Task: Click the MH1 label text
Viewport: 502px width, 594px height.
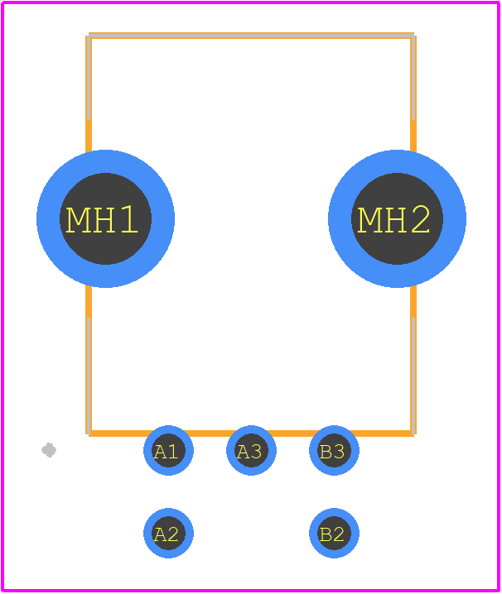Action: coord(102,219)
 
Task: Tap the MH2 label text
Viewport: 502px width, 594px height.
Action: coord(393,219)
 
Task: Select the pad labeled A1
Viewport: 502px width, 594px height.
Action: coord(168,450)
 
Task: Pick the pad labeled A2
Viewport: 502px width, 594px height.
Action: coord(168,533)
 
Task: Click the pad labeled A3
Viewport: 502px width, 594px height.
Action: coord(251,450)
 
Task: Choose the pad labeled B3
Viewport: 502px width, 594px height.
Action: coord(334,450)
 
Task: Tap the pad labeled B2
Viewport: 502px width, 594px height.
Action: coord(334,533)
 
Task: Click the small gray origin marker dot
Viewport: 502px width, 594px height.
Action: coord(49,450)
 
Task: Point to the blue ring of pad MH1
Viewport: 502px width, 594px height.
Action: coord(48,218)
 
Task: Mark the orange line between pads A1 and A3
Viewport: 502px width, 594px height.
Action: coord(210,434)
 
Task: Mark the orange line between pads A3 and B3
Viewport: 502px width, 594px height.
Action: coord(292,434)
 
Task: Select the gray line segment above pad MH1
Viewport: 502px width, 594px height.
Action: coord(89,78)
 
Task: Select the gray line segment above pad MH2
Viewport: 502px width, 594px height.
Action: coord(413,78)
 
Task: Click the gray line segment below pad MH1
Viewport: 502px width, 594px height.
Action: coord(89,376)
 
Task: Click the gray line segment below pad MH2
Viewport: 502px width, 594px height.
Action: coord(413,376)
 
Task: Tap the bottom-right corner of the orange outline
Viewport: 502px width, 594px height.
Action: coord(413,434)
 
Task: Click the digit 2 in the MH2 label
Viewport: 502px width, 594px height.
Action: coord(421,219)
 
